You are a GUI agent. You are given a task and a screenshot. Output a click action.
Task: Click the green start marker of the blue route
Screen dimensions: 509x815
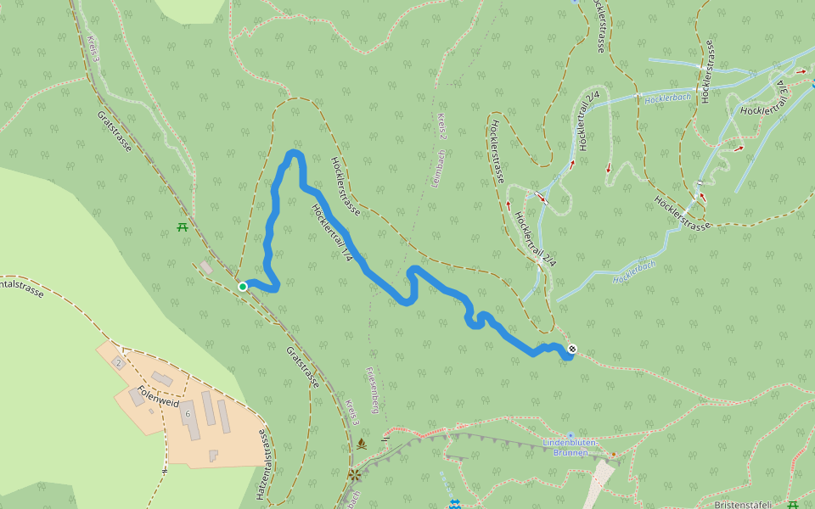243,287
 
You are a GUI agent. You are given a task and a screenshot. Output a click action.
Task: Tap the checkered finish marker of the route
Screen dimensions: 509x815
572,349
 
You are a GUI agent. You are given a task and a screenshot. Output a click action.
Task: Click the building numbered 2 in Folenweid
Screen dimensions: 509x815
118,362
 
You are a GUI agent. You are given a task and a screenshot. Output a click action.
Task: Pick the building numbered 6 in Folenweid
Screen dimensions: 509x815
187,412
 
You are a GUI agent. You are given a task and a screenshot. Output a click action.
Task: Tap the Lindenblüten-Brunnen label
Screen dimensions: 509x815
570,447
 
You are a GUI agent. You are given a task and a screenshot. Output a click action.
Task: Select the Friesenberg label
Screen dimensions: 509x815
371,389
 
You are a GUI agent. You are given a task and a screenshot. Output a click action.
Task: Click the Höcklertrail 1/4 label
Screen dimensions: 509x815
331,232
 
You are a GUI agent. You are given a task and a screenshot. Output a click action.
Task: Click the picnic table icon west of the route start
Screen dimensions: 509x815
182,227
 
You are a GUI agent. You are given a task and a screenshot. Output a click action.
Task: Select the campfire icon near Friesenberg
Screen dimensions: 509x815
362,444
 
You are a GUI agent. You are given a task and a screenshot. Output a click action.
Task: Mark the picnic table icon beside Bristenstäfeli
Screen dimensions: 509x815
793,505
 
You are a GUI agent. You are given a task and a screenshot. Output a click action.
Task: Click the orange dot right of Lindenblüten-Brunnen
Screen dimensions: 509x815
614,456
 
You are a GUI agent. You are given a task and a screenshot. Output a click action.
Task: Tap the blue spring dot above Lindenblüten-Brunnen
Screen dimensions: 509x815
570,434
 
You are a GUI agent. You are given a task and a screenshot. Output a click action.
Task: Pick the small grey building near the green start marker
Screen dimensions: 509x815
206,267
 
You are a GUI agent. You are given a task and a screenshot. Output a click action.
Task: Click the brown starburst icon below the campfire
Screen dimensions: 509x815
353,473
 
